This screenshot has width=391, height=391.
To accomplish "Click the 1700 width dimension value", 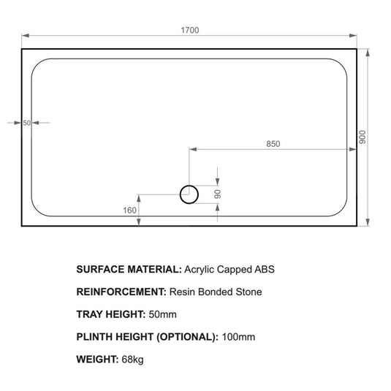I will tap(190, 30).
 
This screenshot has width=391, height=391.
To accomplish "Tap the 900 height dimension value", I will tap(362, 137).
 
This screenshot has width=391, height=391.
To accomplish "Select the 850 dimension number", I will tap(273, 143).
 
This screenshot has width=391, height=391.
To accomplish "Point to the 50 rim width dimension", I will tap(27, 123).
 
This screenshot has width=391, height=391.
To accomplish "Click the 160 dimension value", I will tap(130, 210).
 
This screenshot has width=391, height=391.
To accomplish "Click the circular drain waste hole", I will tap(189, 194).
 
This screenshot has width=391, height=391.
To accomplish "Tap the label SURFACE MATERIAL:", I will tap(128, 269).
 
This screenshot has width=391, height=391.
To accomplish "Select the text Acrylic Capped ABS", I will tap(229, 269).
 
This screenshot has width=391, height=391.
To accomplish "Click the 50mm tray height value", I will tap(162, 314).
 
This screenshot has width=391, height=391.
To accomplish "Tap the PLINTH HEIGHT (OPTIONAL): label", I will tap(147, 337).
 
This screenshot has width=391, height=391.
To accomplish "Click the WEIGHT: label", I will tap(96, 360).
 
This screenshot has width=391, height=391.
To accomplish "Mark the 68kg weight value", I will tap(134, 360).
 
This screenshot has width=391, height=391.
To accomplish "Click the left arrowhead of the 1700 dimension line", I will tap(25, 35).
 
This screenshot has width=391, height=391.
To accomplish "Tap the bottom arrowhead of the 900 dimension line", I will tap(368, 222).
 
